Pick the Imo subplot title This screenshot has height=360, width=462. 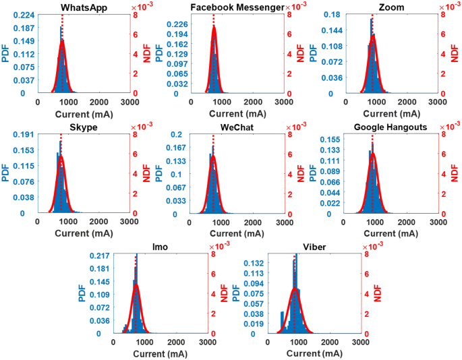click(160, 247)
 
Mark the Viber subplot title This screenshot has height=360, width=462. click(314, 247)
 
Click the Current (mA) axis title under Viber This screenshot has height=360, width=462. click(314, 354)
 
